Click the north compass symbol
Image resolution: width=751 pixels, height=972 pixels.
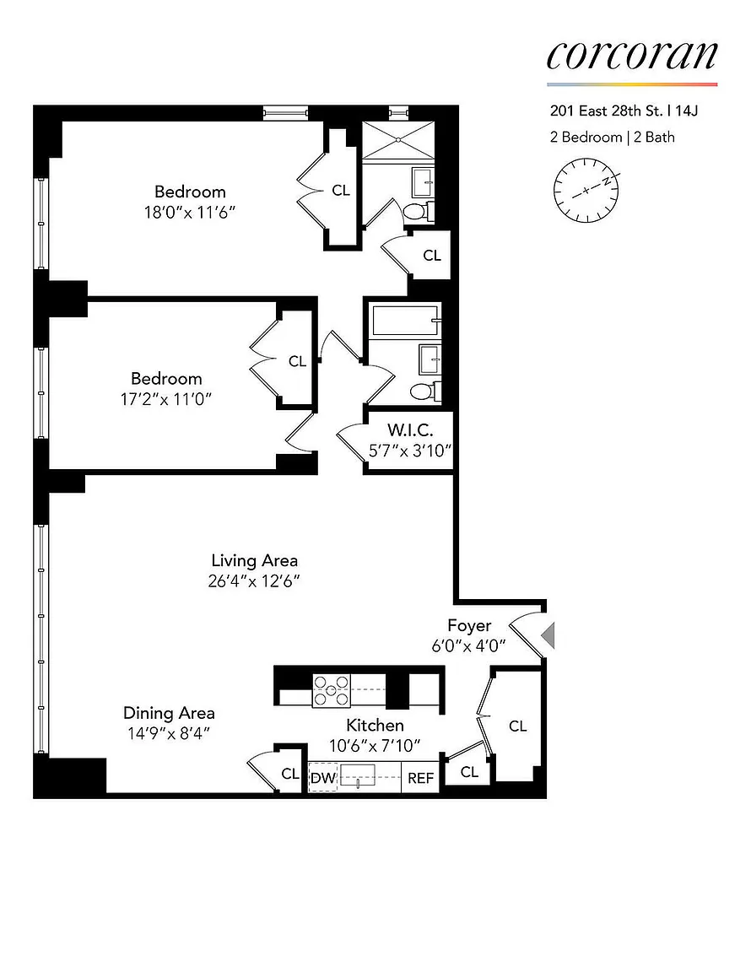(x=586, y=190)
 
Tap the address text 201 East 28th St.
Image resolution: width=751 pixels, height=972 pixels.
(x=606, y=111)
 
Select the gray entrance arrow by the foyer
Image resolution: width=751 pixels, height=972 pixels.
(x=548, y=635)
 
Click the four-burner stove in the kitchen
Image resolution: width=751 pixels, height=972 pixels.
(x=331, y=690)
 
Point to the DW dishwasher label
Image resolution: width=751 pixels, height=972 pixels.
(x=323, y=778)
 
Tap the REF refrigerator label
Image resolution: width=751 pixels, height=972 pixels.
(x=420, y=778)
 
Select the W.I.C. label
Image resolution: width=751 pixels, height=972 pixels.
(x=410, y=429)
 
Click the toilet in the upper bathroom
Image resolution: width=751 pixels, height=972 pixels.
(x=418, y=212)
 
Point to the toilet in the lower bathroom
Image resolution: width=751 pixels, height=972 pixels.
(x=425, y=391)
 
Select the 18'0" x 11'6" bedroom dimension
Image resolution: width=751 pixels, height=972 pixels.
(x=190, y=213)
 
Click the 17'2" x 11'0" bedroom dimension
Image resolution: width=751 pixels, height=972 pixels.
(x=166, y=399)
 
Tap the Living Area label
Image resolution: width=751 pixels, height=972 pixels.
(x=254, y=560)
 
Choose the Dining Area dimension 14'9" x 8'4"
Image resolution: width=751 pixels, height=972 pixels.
(x=169, y=733)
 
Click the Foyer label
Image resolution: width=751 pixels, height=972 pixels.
(x=469, y=625)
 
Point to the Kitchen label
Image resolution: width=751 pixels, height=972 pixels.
(x=375, y=725)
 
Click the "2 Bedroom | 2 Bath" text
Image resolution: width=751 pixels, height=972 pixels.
(x=612, y=137)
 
